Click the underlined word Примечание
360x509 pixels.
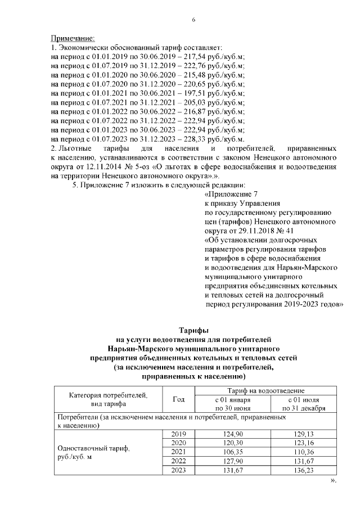click(73, 38)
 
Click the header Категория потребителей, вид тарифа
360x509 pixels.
click(107, 399)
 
